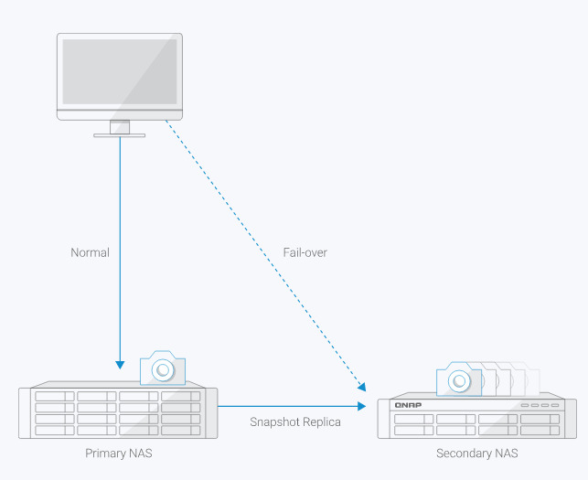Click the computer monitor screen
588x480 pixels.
pyautogui.click(x=120, y=70)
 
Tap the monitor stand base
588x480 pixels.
pyautogui.click(x=120, y=135)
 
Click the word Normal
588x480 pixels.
pyautogui.click(x=90, y=252)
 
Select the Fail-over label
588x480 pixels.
pyautogui.click(x=305, y=252)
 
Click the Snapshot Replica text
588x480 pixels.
pyautogui.click(x=295, y=421)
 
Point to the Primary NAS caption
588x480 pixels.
pyautogui.click(x=119, y=453)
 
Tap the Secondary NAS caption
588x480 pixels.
pyautogui.click(x=477, y=453)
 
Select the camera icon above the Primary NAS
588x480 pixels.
pyautogui.click(x=163, y=368)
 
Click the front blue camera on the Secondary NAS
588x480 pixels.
pyautogui.click(x=458, y=379)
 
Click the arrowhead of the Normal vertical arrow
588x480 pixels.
pyautogui.click(x=120, y=363)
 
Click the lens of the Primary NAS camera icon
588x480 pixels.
pyautogui.click(x=163, y=370)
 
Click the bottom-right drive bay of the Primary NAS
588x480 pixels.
pyautogui.click(x=180, y=429)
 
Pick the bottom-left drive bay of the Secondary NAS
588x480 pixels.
pyautogui.click(x=412, y=431)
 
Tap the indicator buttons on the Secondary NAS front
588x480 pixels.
pyautogui.click(x=539, y=405)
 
